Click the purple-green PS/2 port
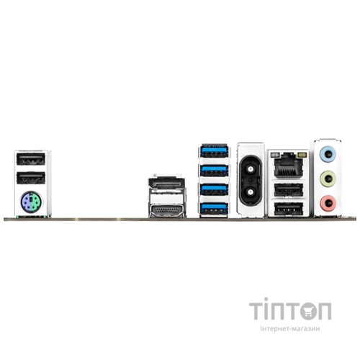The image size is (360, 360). (x=32, y=201)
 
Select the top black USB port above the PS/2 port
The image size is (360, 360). (x=31, y=158)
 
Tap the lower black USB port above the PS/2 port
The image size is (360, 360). (x=31, y=178)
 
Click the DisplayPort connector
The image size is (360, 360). (x=166, y=183)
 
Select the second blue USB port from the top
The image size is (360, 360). (x=214, y=170)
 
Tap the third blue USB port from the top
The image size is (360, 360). (x=214, y=189)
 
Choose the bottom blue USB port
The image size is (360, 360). (x=214, y=208)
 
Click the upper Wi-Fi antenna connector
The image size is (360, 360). (x=250, y=169)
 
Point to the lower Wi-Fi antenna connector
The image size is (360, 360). (x=250, y=192)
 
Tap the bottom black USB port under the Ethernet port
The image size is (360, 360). (x=287, y=209)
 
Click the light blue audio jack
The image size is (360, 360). (x=328, y=153)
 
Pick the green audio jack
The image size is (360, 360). (x=328, y=178)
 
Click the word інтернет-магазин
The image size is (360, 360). (x=290, y=328)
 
